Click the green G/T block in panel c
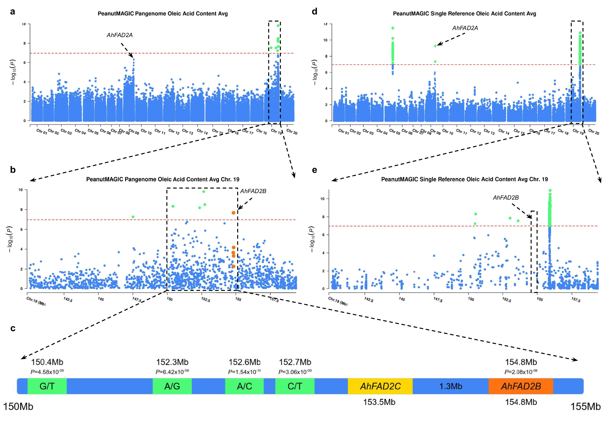tap(47, 386)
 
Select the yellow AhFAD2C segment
tap(380, 386)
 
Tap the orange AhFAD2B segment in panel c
tap(521, 386)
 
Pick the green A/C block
tap(244, 386)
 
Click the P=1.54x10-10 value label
tap(244, 372)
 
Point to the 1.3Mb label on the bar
tap(450, 386)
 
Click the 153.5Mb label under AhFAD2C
tap(379, 402)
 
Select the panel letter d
tap(314, 11)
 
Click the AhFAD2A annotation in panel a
tap(119, 35)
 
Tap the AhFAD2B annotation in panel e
tap(506, 198)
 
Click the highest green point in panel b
tap(204, 192)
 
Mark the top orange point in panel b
tap(233, 213)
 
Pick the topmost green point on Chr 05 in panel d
tap(393, 28)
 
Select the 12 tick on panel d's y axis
tap(325, 24)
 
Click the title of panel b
tap(163, 179)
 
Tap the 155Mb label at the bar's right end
tap(585, 407)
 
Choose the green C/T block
tap(295, 386)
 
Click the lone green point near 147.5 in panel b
tap(133, 217)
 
